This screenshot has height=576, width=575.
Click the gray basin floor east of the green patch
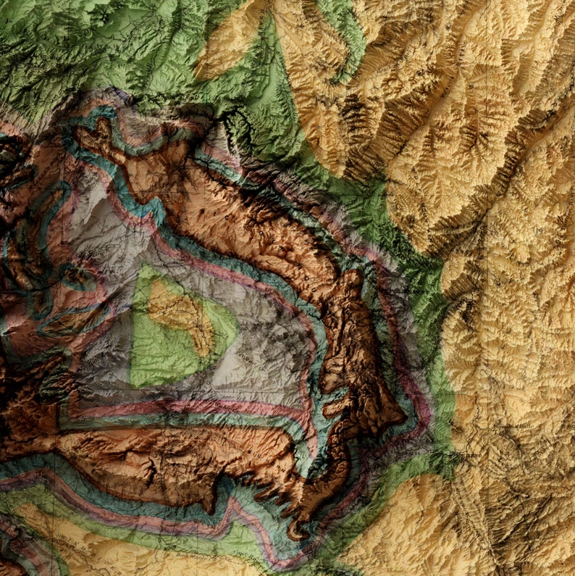pyautogui.click(x=275, y=341)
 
